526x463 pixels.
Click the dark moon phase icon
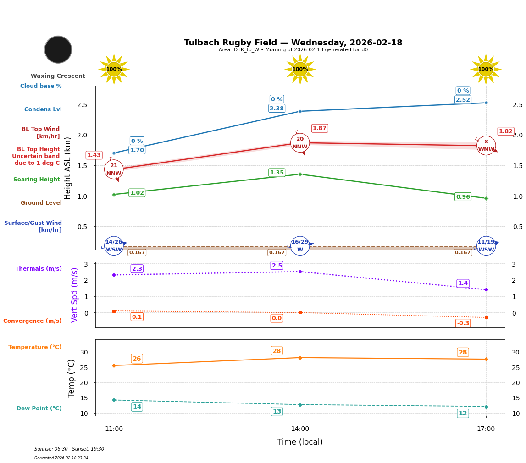[58, 49]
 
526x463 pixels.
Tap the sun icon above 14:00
[300, 69]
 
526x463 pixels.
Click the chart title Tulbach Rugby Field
[293, 43]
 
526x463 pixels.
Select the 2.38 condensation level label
[277, 109]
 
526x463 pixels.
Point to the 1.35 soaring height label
[277, 173]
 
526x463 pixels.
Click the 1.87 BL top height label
[319, 128]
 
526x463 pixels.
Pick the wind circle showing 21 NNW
[114, 169]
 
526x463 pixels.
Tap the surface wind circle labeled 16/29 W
[300, 246]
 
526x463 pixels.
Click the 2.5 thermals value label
[277, 266]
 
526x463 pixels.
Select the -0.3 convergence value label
[463, 323]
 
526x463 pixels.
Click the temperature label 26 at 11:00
[137, 359]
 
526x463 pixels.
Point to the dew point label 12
[463, 413]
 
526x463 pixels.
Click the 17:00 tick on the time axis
[486, 429]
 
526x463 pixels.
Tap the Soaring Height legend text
[37, 180]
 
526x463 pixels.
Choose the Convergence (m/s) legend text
[33, 321]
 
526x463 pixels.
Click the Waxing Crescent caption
[58, 76]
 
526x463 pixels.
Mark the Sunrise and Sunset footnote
[69, 449]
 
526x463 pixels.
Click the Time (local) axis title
[300, 442]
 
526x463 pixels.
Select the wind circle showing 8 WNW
[486, 146]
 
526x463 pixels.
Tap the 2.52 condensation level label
[463, 100]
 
